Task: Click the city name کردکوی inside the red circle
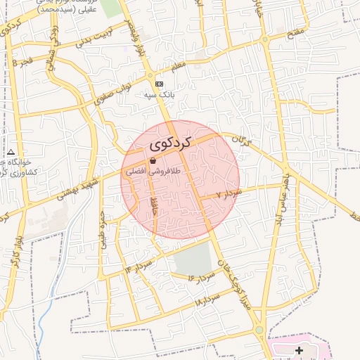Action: (x=171, y=143)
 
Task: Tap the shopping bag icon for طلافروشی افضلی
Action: (x=153, y=161)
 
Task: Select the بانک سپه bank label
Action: (x=159, y=94)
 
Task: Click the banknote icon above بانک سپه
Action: (x=159, y=83)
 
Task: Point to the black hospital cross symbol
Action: (x=300, y=350)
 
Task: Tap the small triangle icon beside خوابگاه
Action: (x=11, y=152)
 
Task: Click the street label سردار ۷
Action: (x=229, y=193)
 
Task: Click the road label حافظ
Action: (x=154, y=206)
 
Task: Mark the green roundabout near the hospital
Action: (x=259, y=330)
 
